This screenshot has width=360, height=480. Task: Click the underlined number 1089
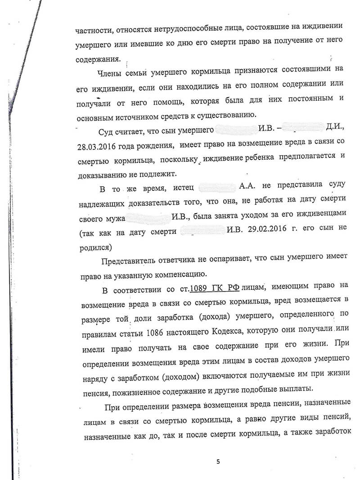click(201, 288)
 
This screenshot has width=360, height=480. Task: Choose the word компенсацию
click(179, 273)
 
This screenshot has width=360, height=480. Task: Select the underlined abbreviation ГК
click(220, 288)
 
